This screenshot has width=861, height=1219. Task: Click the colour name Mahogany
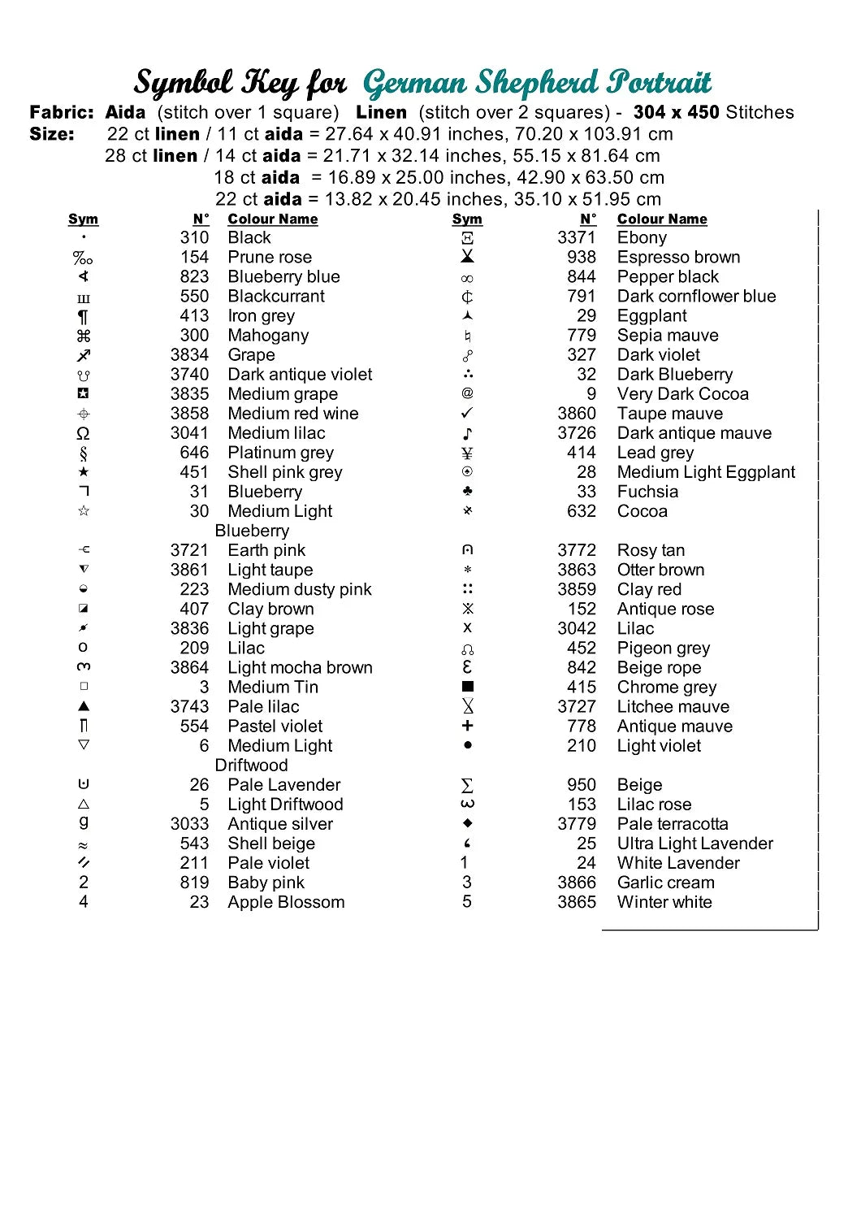coord(268,336)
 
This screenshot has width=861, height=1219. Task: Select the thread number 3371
coord(576,238)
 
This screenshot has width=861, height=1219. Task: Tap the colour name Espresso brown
coord(678,258)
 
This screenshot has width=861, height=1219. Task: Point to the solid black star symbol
coord(83,472)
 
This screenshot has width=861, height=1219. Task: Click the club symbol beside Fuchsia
coord(467,492)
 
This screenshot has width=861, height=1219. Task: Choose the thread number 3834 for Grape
coord(189,355)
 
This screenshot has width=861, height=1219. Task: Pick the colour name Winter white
coord(664,902)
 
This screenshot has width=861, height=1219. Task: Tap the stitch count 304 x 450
coord(676,112)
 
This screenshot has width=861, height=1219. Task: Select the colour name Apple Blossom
coord(286,902)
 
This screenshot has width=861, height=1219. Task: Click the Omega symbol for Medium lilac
coord(83,433)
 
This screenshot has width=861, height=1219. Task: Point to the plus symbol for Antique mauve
coord(467,726)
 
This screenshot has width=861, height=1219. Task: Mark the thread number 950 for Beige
coord(582,785)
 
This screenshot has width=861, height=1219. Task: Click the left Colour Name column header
coord(272,219)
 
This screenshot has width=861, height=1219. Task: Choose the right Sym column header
coord(467,219)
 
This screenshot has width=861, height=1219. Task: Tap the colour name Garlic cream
coord(666,883)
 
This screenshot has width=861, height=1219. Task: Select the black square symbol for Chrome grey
coord(467,687)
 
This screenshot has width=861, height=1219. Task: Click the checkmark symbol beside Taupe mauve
coord(467,413)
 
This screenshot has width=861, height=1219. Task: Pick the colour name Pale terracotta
coord(673,824)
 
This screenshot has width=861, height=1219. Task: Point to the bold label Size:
coord(52,134)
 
